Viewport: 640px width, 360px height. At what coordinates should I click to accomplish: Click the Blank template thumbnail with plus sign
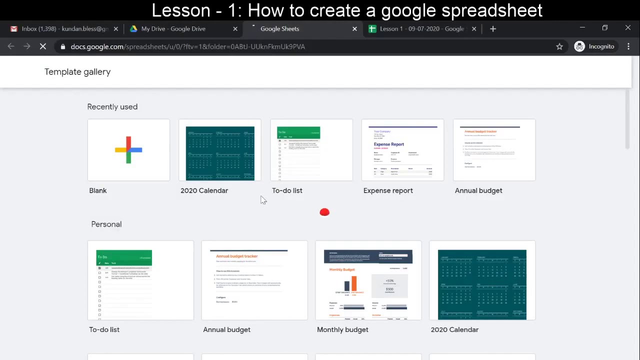click(128, 150)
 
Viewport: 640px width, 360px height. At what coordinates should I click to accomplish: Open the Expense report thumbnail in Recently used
click(402, 150)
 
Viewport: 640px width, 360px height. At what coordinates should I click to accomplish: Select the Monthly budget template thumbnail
click(368, 280)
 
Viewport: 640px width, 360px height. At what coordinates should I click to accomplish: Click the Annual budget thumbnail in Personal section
click(254, 280)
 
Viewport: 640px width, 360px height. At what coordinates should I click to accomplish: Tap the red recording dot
click(324, 212)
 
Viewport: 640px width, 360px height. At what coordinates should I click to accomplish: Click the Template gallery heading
click(77, 72)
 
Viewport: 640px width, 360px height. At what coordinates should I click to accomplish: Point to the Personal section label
click(106, 224)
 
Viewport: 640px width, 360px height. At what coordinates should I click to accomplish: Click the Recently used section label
click(112, 107)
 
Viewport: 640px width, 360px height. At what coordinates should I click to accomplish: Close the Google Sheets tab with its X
click(355, 29)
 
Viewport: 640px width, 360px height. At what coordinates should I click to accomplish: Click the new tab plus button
click(493, 29)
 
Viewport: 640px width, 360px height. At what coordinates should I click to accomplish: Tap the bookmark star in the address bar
click(559, 46)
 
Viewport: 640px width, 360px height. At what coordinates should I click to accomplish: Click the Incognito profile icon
click(579, 46)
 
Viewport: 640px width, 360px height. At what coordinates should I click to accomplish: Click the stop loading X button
click(43, 46)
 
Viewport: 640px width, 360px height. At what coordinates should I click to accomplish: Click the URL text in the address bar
click(187, 46)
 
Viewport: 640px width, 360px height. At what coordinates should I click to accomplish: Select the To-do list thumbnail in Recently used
click(311, 150)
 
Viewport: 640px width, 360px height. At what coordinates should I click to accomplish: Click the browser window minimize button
click(582, 28)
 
